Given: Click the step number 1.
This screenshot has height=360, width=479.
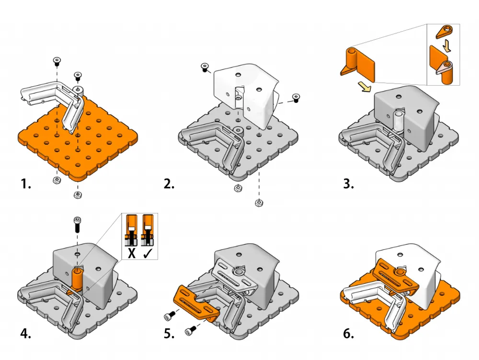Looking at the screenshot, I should (x=25, y=184).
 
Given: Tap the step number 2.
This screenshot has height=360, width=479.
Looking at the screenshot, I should (x=169, y=184).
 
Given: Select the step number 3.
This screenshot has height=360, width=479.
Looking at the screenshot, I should (x=348, y=184).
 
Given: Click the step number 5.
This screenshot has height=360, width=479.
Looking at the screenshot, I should (x=169, y=334).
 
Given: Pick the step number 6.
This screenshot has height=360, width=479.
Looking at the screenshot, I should (x=348, y=334).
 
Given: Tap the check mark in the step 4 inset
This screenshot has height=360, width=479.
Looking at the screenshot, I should (x=148, y=254).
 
